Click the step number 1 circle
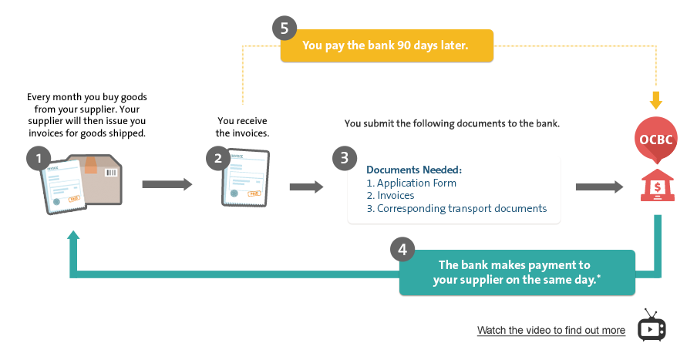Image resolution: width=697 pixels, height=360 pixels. tap(39, 158)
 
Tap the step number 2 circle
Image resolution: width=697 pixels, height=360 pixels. tap(217, 158)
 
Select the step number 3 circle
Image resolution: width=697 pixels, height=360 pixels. tap(345, 158)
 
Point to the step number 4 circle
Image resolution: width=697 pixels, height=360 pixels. tap(402, 249)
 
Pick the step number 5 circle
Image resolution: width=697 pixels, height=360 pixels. tap(285, 29)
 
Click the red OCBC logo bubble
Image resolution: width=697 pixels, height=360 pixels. tap(655, 140)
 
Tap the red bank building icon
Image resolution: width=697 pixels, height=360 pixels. tap(658, 185)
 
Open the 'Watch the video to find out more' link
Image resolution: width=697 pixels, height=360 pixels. tap(551, 330)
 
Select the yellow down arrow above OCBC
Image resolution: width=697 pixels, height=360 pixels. tap(655, 100)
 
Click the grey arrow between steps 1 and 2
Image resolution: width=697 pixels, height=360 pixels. tap(167, 184)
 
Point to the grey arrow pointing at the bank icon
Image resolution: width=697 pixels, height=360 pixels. tap(600, 187)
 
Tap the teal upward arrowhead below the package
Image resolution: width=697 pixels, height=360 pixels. tap(73, 236)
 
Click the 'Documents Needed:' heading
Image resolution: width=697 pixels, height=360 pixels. tap(414, 170)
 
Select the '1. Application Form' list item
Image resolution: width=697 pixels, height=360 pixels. tap(411, 183)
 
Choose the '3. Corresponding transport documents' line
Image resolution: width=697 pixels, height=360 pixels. tap(456, 208)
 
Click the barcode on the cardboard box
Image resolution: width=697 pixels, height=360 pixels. tap(111, 173)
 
